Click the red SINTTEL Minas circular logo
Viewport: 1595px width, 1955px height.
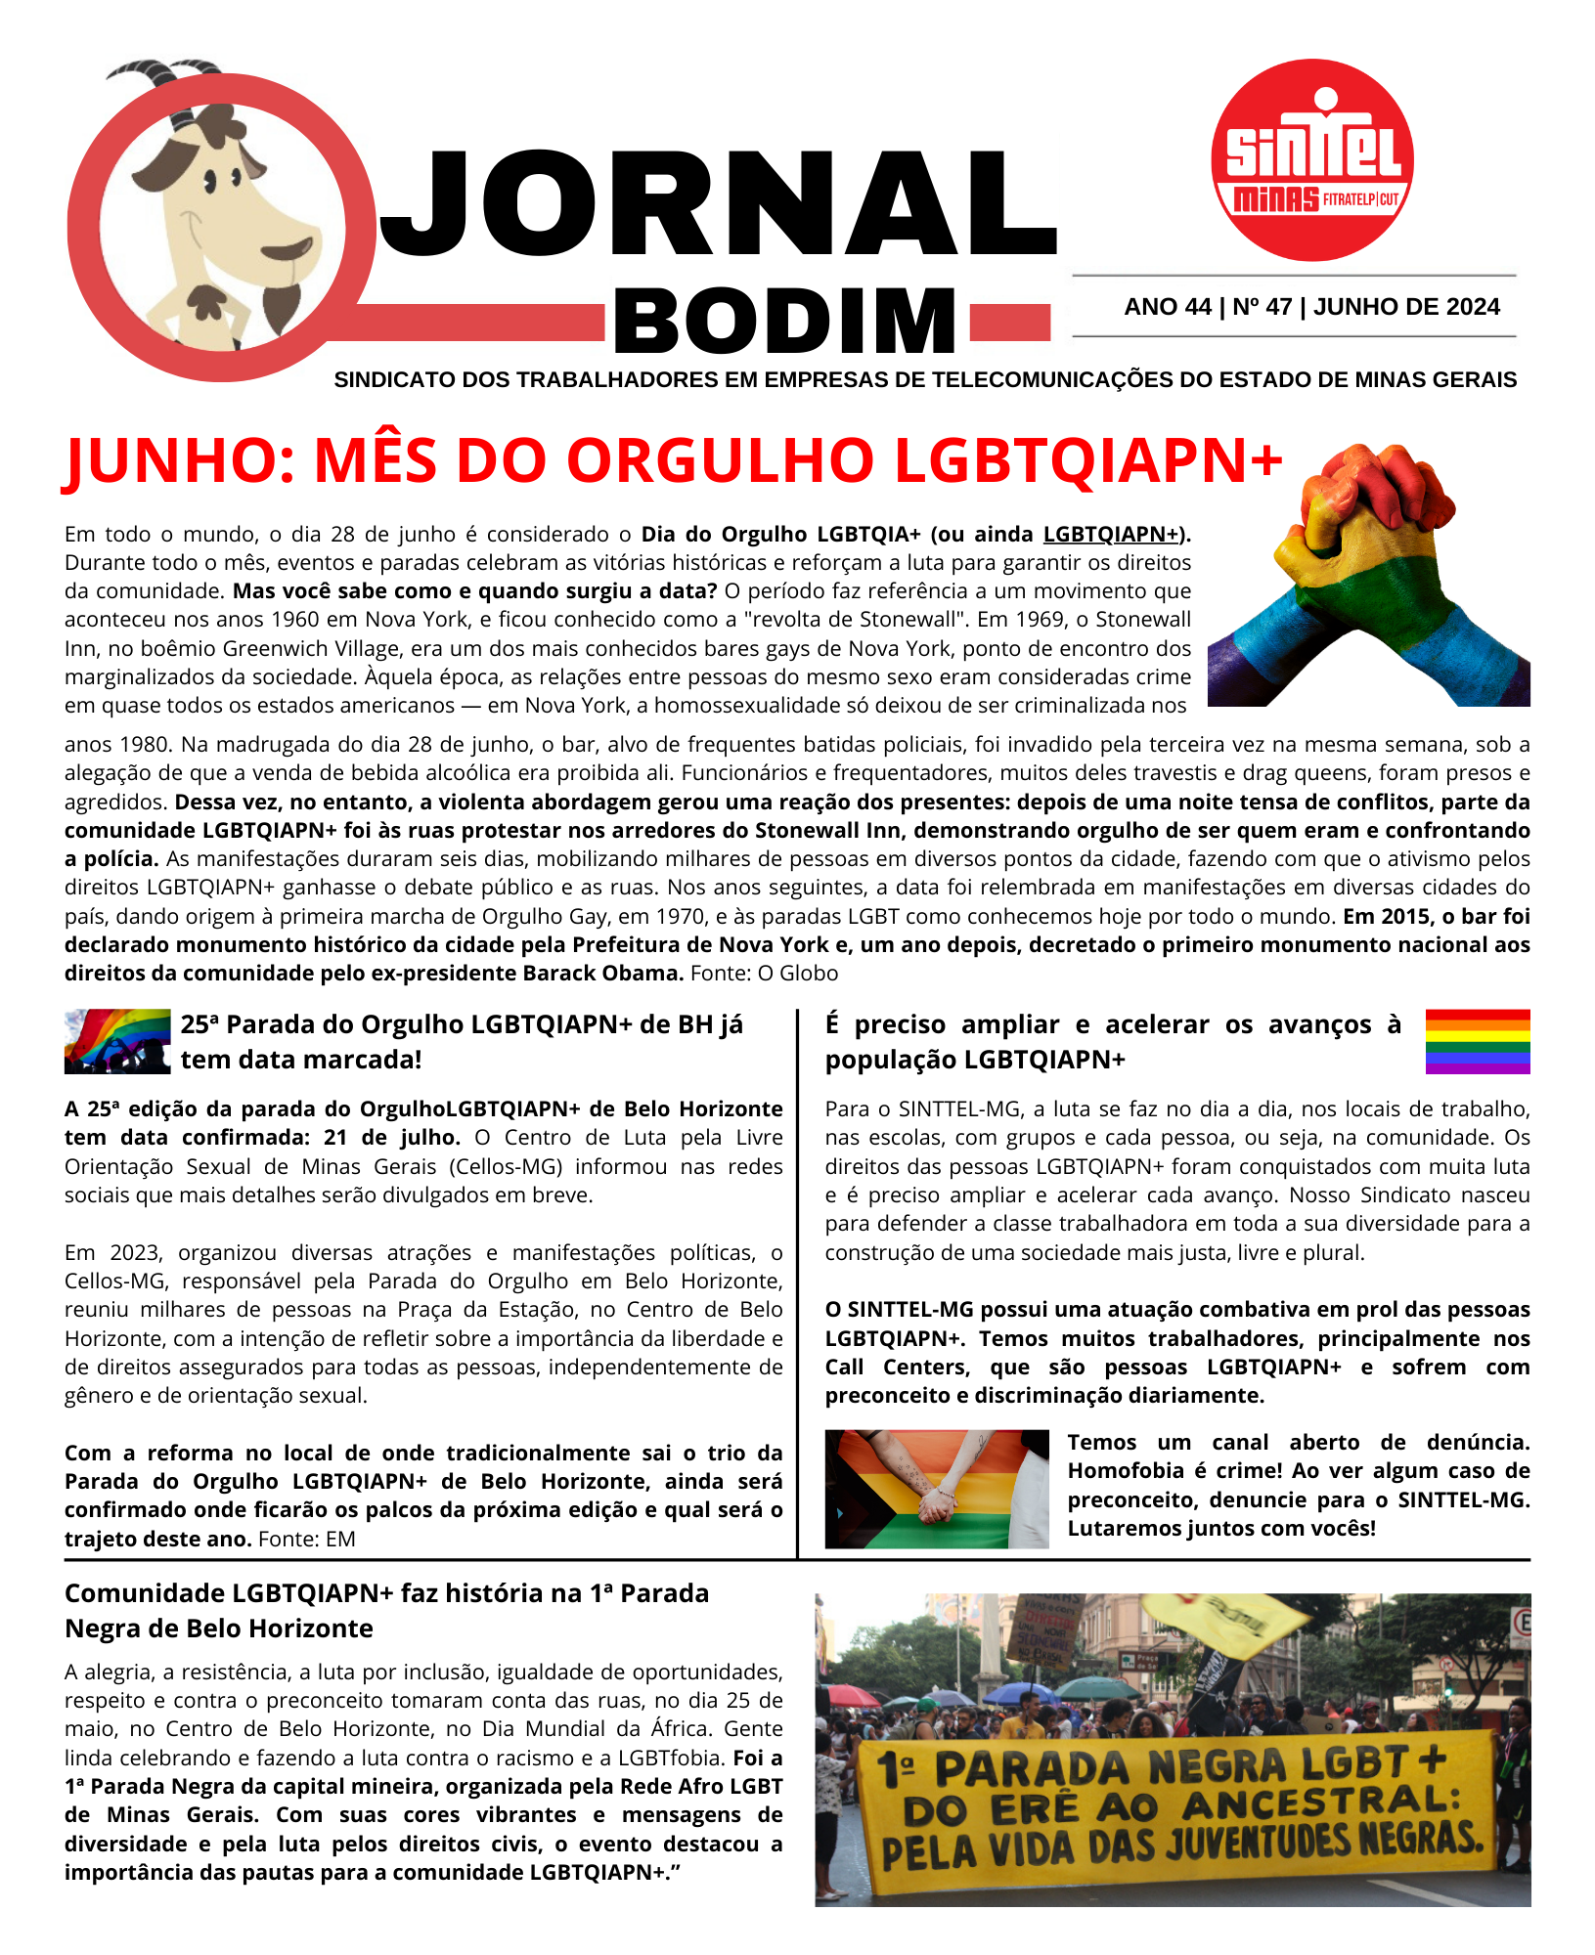pyautogui.click(x=1312, y=160)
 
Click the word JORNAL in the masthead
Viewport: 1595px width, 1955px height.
pyautogui.click(x=719, y=205)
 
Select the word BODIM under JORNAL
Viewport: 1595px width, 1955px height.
pyautogui.click(x=785, y=321)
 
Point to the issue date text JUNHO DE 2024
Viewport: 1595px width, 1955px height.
pyautogui.click(x=1406, y=307)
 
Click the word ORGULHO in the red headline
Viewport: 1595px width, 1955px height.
pyautogui.click(x=720, y=460)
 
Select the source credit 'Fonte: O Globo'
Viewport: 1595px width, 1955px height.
pyautogui.click(x=764, y=974)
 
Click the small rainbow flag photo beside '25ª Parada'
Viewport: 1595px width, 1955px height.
pyautogui.click(x=117, y=1041)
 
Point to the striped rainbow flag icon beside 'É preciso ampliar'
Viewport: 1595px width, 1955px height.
pyautogui.click(x=1477, y=1041)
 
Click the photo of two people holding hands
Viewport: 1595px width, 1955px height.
pyautogui.click(x=936, y=1489)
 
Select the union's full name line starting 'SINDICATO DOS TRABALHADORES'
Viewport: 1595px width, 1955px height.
pyautogui.click(x=925, y=380)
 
